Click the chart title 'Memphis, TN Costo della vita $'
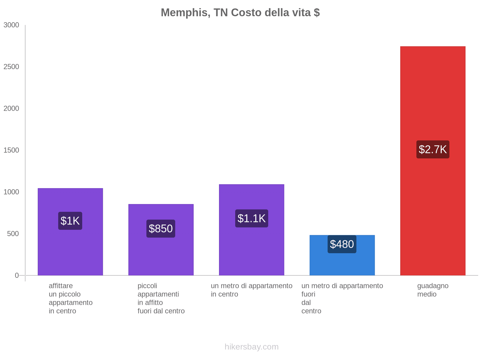(x=240, y=13)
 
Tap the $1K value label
(x=70, y=221)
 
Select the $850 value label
(x=160, y=229)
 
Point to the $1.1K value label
(x=251, y=218)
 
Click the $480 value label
(x=342, y=244)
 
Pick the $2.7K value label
(x=433, y=149)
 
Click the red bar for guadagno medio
(x=433, y=90)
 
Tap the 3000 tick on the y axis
(x=11, y=25)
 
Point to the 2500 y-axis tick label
(x=11, y=67)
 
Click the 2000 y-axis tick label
(x=11, y=109)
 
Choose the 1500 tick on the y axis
(x=11, y=150)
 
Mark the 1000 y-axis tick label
(x=11, y=192)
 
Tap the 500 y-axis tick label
(x=13, y=234)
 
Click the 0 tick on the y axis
(x=17, y=275)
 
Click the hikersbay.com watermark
(x=251, y=347)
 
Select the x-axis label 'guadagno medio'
(x=433, y=290)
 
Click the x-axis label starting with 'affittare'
(x=70, y=298)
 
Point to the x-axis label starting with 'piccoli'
(x=161, y=298)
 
